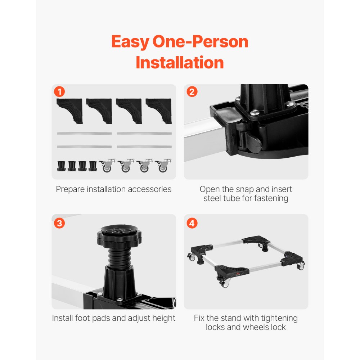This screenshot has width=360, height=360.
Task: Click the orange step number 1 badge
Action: tap(59, 92)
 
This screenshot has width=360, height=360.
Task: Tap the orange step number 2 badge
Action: tap(192, 92)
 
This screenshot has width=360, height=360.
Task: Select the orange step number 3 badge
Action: tap(59, 223)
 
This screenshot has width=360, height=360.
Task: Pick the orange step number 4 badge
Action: tap(192, 223)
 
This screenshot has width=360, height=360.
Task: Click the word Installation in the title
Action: tap(180, 63)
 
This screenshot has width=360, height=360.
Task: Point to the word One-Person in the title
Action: tap(200, 42)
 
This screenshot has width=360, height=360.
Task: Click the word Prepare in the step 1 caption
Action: tap(69, 189)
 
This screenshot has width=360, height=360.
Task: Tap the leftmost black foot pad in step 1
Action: tap(61, 166)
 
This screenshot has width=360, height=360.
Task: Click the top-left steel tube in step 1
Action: tap(84, 134)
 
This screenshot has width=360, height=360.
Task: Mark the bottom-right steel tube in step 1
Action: tap(144, 147)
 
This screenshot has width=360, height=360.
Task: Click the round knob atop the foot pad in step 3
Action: tap(119, 233)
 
